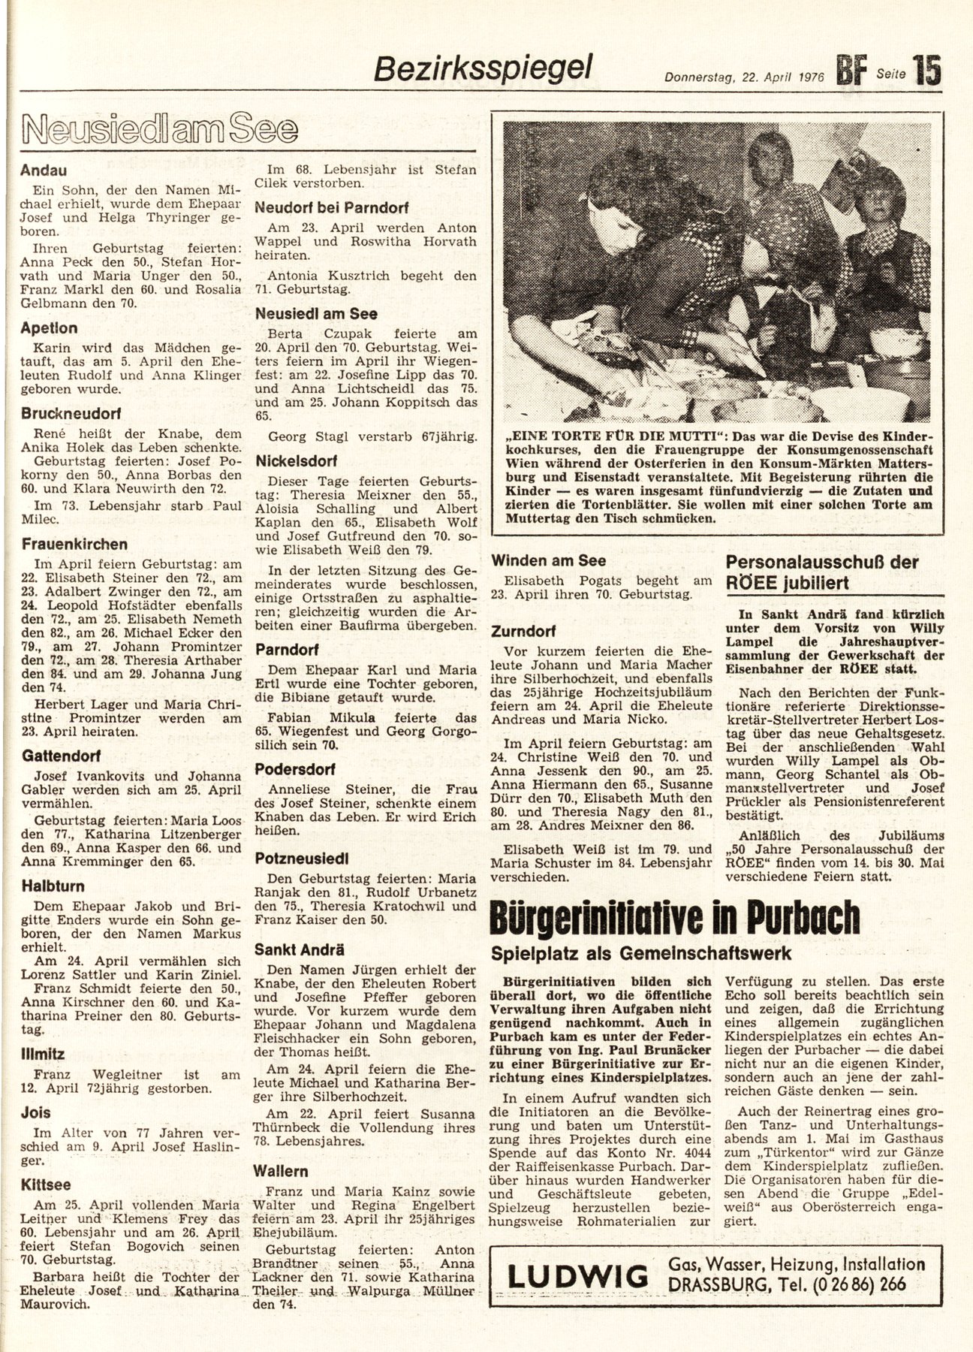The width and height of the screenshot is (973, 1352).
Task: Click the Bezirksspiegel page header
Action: (x=484, y=70)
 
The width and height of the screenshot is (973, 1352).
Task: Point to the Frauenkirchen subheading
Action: (x=74, y=544)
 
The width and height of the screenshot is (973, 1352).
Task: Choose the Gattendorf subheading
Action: (x=61, y=756)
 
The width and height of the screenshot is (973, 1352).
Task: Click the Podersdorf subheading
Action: (x=294, y=769)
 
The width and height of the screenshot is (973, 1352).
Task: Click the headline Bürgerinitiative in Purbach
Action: (x=674, y=917)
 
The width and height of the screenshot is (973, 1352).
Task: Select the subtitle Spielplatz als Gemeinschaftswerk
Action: (x=642, y=953)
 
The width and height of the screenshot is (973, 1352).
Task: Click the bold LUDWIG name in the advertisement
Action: (x=577, y=1276)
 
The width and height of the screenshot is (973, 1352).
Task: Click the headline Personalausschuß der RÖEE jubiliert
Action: (x=822, y=571)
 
